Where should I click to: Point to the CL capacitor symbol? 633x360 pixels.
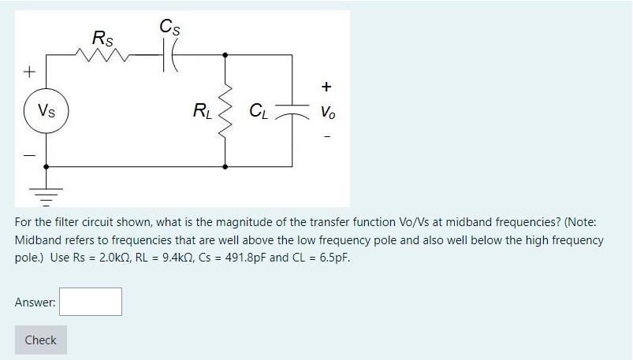(x=292, y=112)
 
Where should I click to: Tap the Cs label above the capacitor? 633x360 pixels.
(x=168, y=25)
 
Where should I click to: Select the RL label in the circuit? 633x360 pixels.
(x=203, y=111)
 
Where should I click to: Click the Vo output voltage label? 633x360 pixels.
(x=326, y=113)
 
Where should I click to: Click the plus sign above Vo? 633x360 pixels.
(x=326, y=87)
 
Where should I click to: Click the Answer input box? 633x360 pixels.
(x=91, y=301)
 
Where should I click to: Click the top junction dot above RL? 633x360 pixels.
(x=226, y=55)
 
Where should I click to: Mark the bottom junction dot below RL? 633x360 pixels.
(x=226, y=167)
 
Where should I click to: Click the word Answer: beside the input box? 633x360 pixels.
(x=35, y=301)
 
